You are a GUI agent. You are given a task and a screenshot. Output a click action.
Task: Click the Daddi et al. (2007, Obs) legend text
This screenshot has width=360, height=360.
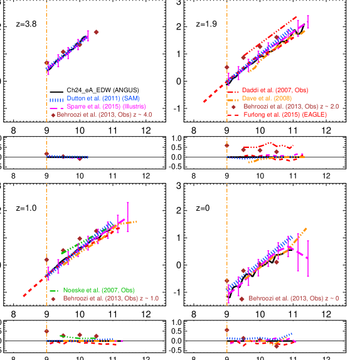point(275,90)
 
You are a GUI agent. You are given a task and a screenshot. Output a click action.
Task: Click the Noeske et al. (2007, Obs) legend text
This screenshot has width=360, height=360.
point(98,290)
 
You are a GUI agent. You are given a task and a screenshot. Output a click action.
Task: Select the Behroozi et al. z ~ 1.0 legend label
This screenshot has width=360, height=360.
point(110,299)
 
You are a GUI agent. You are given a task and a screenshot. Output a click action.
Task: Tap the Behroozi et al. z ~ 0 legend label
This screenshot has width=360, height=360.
point(294,299)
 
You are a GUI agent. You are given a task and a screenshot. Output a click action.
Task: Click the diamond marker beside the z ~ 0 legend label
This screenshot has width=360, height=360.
point(241,299)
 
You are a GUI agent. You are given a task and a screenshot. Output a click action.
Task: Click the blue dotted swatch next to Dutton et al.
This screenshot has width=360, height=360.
point(57,99)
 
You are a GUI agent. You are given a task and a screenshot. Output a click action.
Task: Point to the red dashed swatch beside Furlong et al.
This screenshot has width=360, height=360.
point(233,115)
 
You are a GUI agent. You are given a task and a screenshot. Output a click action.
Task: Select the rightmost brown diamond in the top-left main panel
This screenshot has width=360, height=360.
point(96,31)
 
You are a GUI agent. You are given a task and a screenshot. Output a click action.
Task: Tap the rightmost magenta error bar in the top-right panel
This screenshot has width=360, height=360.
point(307,22)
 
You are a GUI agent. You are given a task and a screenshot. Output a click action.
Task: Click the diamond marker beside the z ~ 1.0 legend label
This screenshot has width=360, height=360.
point(54,299)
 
